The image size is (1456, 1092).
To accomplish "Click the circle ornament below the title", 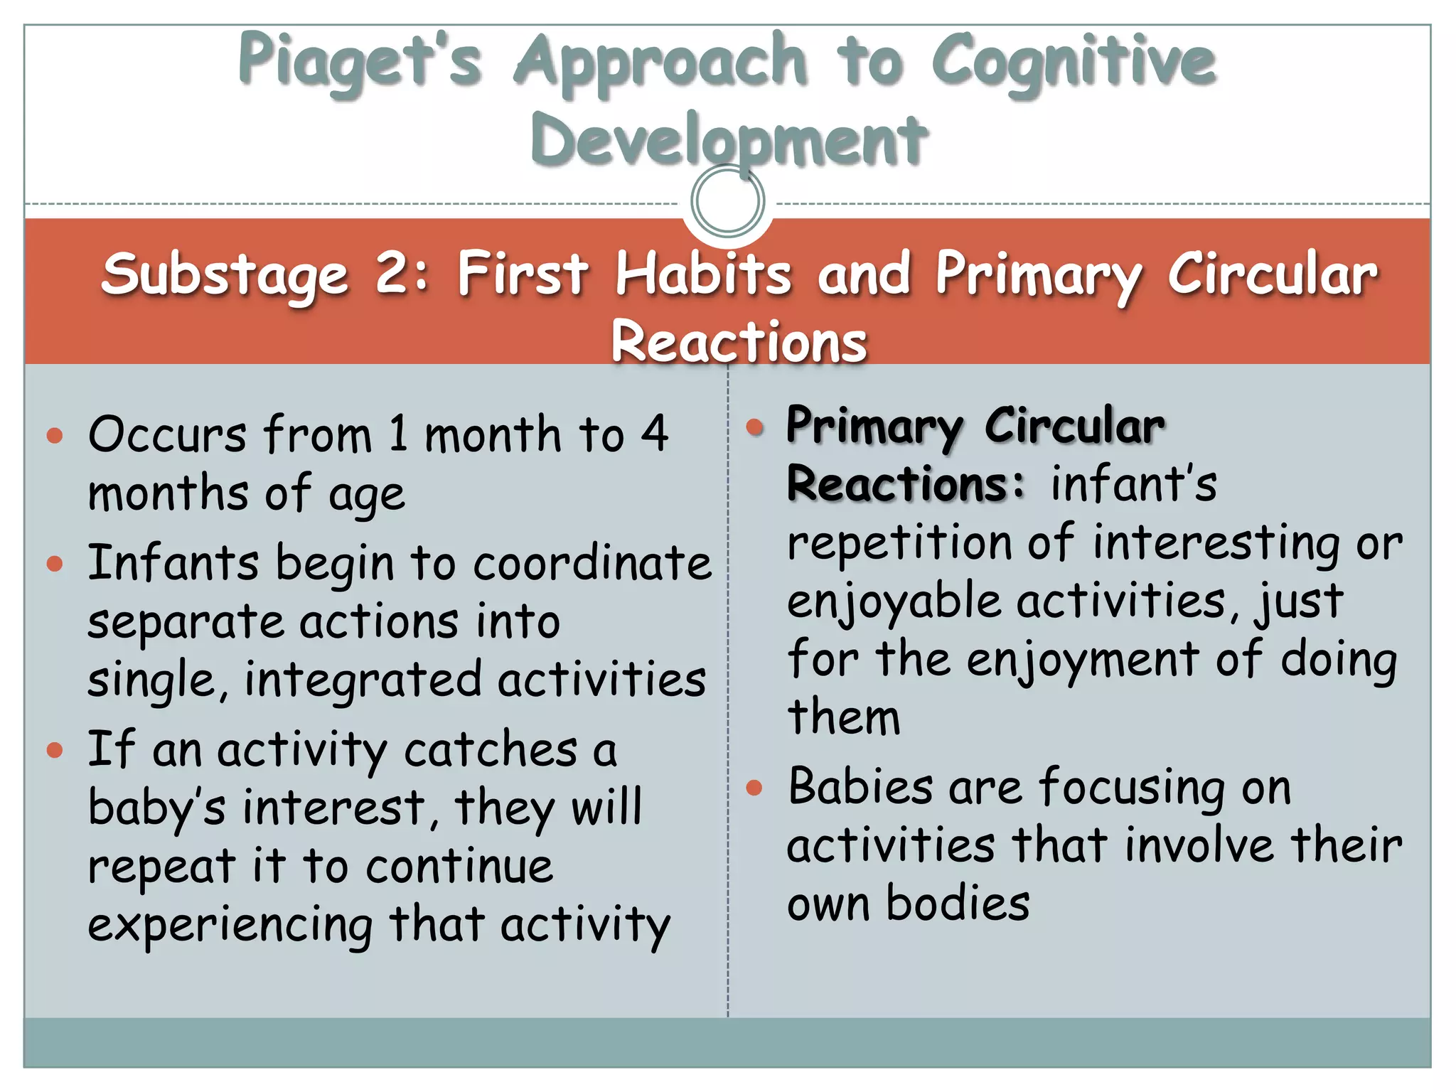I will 728,200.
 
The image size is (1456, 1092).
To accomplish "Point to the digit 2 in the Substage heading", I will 392,273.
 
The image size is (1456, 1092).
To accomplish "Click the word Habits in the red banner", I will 702,273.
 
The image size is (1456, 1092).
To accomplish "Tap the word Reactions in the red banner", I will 739,341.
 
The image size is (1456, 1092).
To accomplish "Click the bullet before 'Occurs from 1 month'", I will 55,435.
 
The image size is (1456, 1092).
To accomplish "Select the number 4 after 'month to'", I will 654,434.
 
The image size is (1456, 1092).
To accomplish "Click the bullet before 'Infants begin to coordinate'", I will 55,564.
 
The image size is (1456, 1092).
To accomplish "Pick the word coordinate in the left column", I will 591,563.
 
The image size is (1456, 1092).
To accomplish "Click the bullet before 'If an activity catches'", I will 55,751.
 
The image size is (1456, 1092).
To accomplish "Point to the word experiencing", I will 230,926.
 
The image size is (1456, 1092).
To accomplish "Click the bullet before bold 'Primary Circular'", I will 754,427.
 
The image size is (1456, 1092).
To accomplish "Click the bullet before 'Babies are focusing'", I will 754,788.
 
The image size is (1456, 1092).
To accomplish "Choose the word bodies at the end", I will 958,904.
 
